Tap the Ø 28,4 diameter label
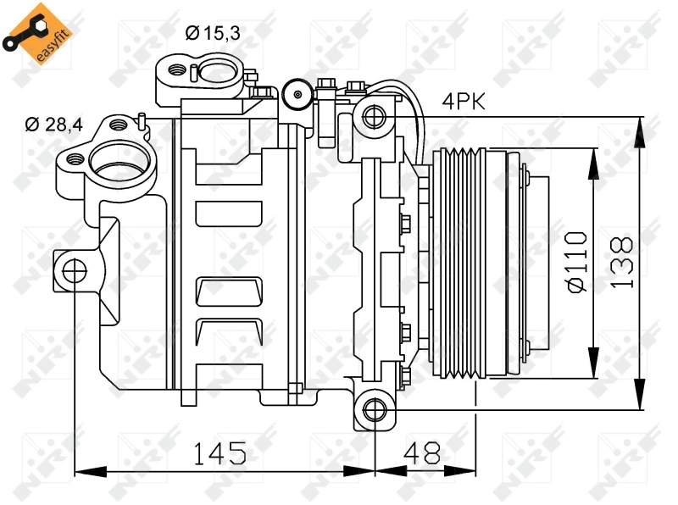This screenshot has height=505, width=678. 53,125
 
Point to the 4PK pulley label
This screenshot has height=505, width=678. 463,103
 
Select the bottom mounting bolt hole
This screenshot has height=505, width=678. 373,410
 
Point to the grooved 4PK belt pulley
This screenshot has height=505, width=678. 458,262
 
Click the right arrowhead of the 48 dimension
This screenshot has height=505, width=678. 469,469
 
